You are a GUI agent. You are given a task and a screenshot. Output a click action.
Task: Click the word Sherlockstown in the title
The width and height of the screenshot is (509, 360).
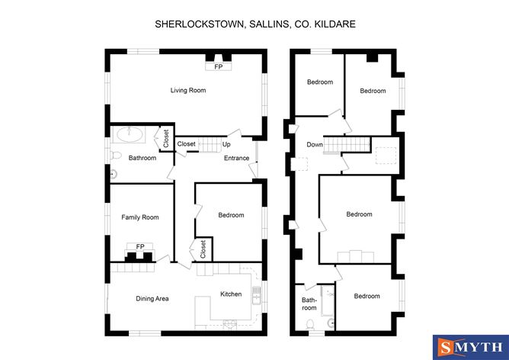[200, 24]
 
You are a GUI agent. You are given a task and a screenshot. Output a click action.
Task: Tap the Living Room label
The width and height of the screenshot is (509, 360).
[188, 90]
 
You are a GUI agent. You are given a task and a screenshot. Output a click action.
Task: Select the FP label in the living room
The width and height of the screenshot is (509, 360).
[219, 67]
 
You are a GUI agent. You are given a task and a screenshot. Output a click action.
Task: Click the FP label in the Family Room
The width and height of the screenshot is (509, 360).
[140, 247]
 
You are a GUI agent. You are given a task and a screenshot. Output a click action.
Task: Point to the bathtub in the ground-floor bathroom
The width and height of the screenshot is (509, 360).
[130, 134]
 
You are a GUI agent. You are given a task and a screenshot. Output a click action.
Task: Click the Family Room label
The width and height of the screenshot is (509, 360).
[140, 217]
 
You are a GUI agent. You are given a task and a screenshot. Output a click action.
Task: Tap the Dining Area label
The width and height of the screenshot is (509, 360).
[152, 298]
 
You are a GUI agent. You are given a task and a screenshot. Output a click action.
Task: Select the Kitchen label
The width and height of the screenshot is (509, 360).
[231, 294]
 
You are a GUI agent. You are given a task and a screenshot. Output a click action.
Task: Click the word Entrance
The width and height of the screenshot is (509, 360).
[237, 158]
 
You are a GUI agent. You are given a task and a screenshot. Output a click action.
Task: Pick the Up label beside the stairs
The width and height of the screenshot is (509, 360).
[226, 144]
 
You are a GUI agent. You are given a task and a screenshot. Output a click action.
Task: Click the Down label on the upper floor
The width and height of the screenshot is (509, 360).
[315, 145]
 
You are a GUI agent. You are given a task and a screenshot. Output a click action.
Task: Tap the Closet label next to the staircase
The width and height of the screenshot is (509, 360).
[187, 143]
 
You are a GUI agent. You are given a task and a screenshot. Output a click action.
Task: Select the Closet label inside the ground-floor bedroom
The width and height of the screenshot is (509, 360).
[203, 249]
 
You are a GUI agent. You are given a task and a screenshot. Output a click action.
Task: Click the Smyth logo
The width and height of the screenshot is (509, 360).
[471, 347]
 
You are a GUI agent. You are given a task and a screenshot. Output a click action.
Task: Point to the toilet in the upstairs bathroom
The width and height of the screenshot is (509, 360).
[310, 324]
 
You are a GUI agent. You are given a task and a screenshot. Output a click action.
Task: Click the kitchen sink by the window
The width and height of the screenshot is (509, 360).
[256, 295]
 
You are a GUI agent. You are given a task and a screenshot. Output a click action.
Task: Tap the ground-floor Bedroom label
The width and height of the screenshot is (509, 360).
[231, 215]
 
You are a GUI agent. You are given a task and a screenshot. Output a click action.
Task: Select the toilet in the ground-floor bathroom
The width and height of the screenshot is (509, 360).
[116, 156]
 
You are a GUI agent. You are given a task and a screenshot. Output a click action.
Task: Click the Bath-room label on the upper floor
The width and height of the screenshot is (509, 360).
[309, 304]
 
